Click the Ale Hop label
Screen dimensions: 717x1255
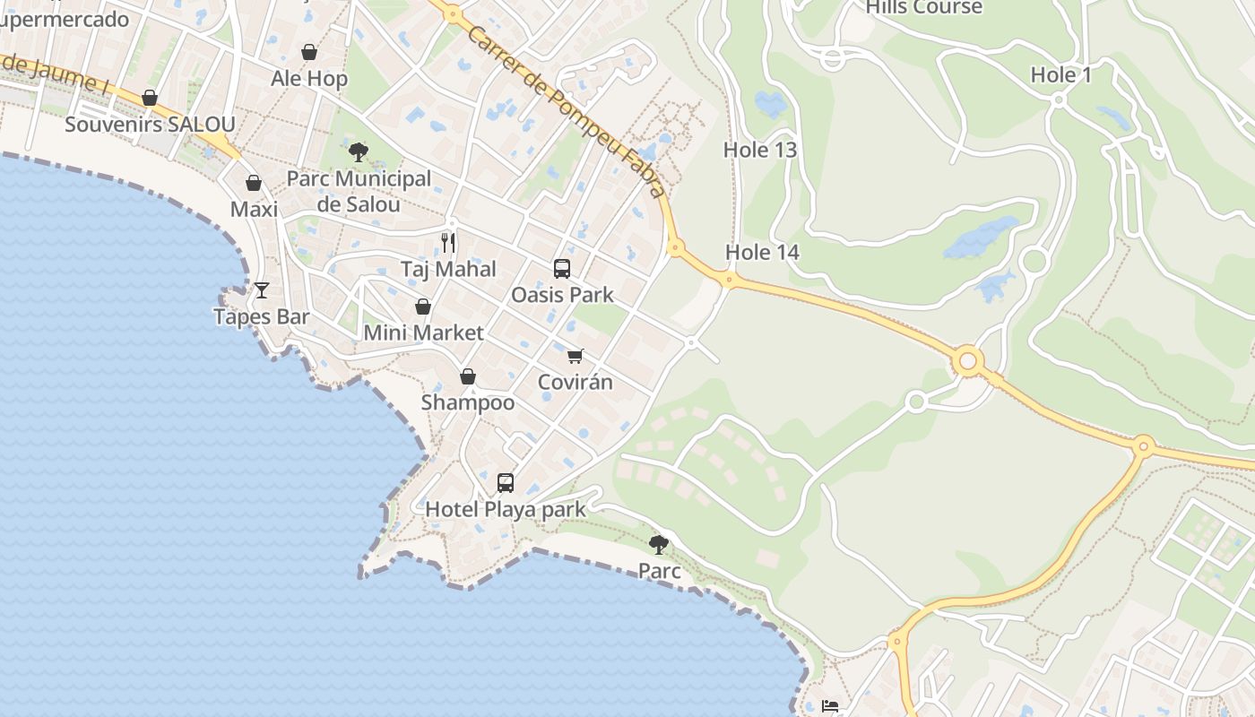(x=309, y=79)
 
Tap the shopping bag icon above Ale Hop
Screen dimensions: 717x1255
(x=309, y=52)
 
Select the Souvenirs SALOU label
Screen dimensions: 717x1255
(x=150, y=125)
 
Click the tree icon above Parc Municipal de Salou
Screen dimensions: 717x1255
(x=359, y=151)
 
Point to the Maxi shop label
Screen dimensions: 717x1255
(x=254, y=210)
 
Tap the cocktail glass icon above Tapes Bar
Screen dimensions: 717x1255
(x=262, y=289)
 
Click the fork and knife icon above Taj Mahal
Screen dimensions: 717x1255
(x=448, y=242)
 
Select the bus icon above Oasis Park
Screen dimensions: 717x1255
(x=562, y=268)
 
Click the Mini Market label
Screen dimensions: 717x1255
(x=423, y=333)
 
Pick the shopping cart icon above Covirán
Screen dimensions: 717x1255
(x=576, y=356)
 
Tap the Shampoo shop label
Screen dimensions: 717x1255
(x=468, y=402)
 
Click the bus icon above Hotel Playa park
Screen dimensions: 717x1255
(x=506, y=483)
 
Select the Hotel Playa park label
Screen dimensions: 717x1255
(x=505, y=510)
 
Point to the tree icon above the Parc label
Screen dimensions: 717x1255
(x=659, y=544)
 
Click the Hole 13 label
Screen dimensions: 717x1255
(x=760, y=151)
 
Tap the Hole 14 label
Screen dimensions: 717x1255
(x=762, y=253)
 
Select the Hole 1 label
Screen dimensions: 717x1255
(x=1061, y=75)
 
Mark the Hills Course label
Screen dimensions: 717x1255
(x=924, y=8)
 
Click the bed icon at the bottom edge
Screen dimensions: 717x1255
(x=830, y=707)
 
